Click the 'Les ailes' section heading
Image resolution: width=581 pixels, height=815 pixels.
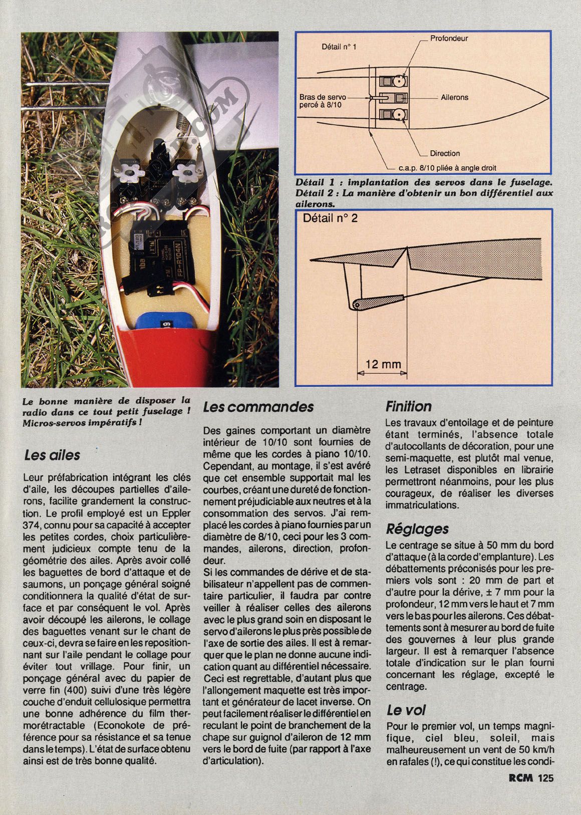pyautogui.click(x=52, y=455)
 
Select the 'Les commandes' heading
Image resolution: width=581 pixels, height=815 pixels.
pyautogui.click(x=258, y=407)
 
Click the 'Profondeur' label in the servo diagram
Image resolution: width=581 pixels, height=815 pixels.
pyautogui.click(x=449, y=38)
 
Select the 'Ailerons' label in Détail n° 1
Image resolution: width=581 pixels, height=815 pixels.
pyautogui.click(x=454, y=97)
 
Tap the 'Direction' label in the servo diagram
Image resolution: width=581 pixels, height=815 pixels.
pyautogui.click(x=445, y=153)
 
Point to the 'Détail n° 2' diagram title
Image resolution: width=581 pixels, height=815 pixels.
pyautogui.click(x=331, y=218)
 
